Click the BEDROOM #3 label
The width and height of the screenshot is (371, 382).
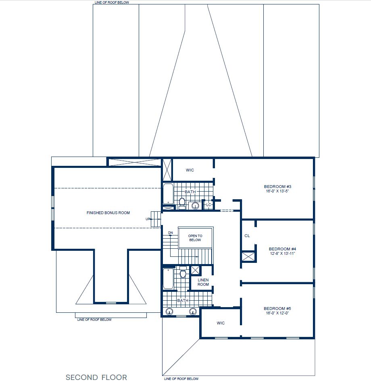(x=277, y=186)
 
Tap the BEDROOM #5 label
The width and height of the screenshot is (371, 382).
(x=277, y=308)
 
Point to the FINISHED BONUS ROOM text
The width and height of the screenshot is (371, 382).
(x=108, y=213)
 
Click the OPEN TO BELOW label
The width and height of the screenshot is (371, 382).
(x=195, y=238)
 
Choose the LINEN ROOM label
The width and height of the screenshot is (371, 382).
(x=203, y=282)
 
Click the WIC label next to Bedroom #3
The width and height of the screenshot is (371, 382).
(x=190, y=170)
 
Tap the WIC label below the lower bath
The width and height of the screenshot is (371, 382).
(x=221, y=323)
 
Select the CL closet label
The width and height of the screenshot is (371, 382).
(x=247, y=235)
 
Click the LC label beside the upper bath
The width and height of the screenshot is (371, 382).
(x=208, y=205)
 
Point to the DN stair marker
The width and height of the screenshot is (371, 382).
(x=170, y=233)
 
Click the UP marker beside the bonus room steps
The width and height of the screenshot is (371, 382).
(x=148, y=219)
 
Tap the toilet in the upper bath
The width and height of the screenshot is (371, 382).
(x=182, y=202)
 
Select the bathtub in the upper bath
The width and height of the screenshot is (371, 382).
(x=167, y=194)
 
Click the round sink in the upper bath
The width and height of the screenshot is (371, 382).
(x=196, y=206)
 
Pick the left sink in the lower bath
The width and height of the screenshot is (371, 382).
(x=169, y=311)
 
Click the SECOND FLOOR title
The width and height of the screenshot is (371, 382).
(x=96, y=377)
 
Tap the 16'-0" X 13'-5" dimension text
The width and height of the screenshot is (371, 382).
(x=277, y=192)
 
